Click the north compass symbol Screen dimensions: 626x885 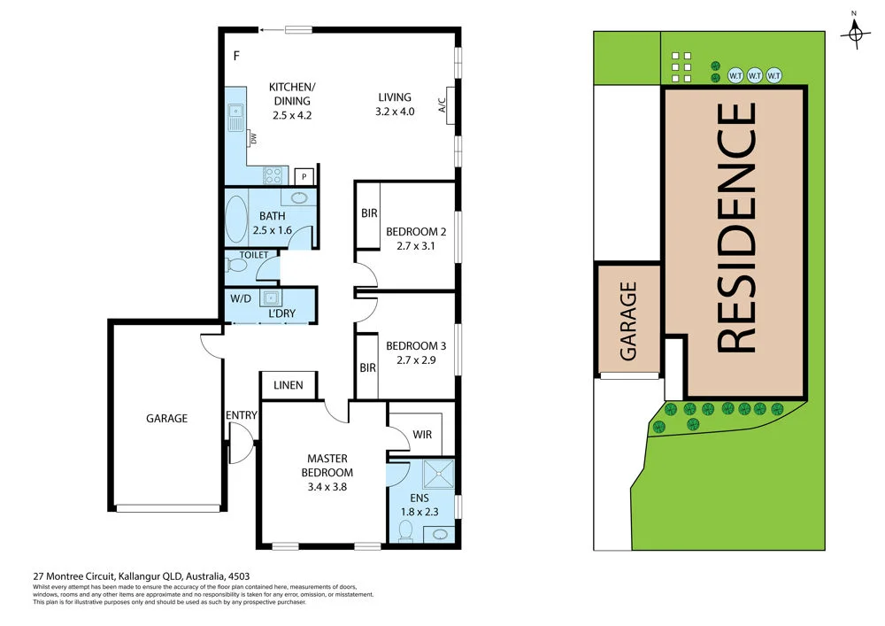(x=854, y=33)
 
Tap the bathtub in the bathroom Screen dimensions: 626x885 (x=235, y=220)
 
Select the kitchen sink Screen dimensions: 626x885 (x=235, y=116)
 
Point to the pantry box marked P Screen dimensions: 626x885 (x=304, y=176)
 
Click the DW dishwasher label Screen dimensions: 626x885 (x=253, y=139)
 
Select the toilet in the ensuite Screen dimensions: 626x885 (x=406, y=529)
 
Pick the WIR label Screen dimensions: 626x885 (x=422, y=435)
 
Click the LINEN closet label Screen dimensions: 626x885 (x=289, y=385)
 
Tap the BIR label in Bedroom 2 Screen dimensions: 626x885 (x=368, y=213)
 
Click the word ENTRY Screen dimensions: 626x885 (x=242, y=415)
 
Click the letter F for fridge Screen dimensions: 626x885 (x=236, y=57)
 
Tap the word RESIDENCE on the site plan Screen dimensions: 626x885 (x=735, y=228)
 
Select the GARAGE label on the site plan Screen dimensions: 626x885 (x=628, y=321)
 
